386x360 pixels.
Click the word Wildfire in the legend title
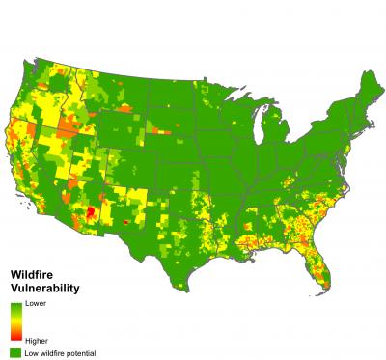tap(28, 275)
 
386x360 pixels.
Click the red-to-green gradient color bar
tap(15, 321)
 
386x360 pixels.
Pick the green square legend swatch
tap(15, 353)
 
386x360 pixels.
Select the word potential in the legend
tap(81, 353)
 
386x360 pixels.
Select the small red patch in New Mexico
tap(125, 221)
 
